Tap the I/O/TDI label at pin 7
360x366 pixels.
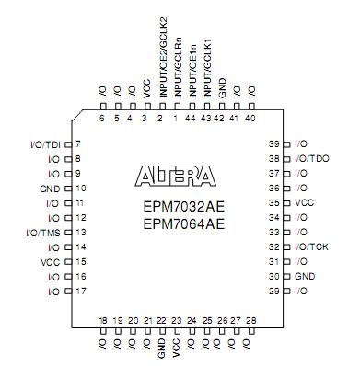click(x=42, y=144)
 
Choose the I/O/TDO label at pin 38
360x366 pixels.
click(x=314, y=159)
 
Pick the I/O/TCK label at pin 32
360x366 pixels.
click(x=313, y=247)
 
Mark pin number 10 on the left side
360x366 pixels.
click(x=79, y=189)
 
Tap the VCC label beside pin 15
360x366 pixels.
click(x=51, y=262)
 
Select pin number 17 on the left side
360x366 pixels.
click(x=79, y=292)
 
